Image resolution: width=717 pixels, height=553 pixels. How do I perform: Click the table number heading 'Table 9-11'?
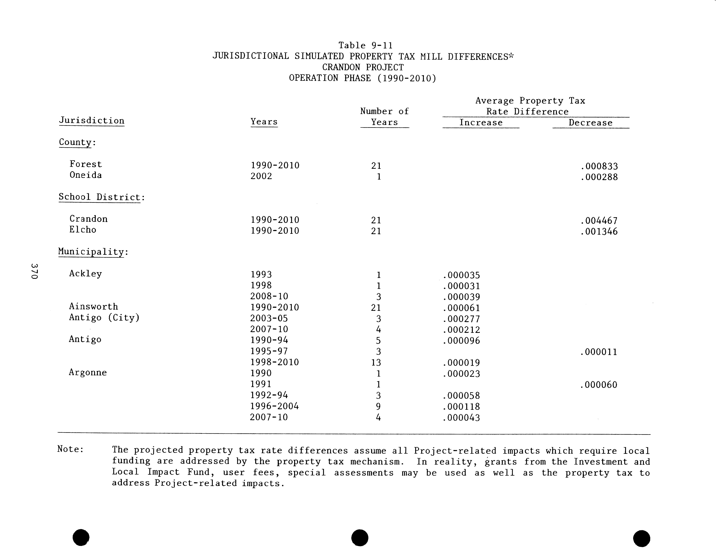click(x=365, y=45)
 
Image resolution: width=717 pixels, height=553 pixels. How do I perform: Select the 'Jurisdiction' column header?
click(x=92, y=121)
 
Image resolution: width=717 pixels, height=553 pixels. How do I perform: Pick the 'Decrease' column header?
click(x=591, y=123)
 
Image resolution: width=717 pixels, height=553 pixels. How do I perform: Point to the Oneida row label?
click(x=86, y=175)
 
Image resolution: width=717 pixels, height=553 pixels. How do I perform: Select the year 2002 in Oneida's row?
click(x=261, y=176)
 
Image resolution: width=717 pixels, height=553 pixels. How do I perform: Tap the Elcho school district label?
click(x=83, y=230)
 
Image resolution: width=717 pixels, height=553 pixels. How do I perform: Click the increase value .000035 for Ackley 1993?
click(x=461, y=275)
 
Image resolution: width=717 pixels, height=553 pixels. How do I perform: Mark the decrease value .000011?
click(x=599, y=352)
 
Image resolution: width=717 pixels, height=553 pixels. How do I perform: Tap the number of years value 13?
click(x=376, y=362)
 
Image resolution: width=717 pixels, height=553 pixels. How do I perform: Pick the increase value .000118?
click(x=461, y=407)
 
